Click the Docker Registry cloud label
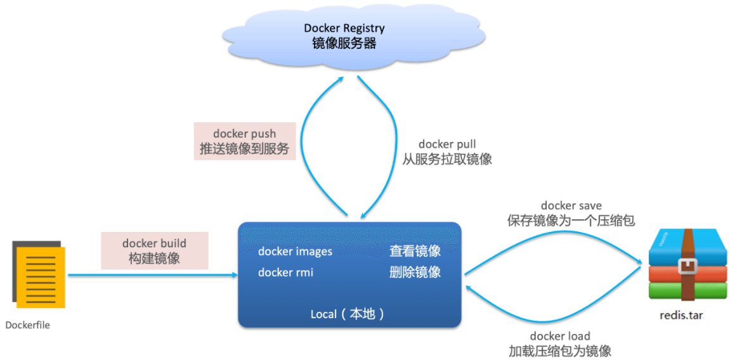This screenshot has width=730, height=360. click(x=344, y=28)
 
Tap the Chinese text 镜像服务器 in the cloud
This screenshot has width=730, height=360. click(x=344, y=44)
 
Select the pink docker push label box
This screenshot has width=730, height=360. click(x=245, y=141)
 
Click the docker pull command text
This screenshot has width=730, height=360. click(x=447, y=144)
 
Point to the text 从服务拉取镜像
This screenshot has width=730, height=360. click(x=447, y=160)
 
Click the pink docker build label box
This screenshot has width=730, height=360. click(x=155, y=251)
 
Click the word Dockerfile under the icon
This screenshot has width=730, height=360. click(x=27, y=325)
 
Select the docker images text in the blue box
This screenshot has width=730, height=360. click(x=295, y=252)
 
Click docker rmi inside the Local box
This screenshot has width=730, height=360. click(x=286, y=273)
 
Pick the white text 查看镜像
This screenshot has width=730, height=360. click(x=415, y=252)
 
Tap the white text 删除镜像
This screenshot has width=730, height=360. click(x=415, y=273)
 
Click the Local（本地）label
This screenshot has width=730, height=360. click(x=349, y=314)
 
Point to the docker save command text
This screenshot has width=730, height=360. click(x=571, y=205)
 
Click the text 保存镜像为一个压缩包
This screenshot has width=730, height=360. click(x=571, y=221)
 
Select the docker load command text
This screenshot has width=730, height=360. click(x=560, y=336)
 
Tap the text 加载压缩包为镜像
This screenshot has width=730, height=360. click(x=560, y=350)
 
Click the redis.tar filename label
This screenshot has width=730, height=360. click(x=682, y=316)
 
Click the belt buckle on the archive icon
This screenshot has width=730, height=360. click(x=687, y=266)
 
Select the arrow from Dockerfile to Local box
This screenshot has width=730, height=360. click(x=153, y=275)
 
